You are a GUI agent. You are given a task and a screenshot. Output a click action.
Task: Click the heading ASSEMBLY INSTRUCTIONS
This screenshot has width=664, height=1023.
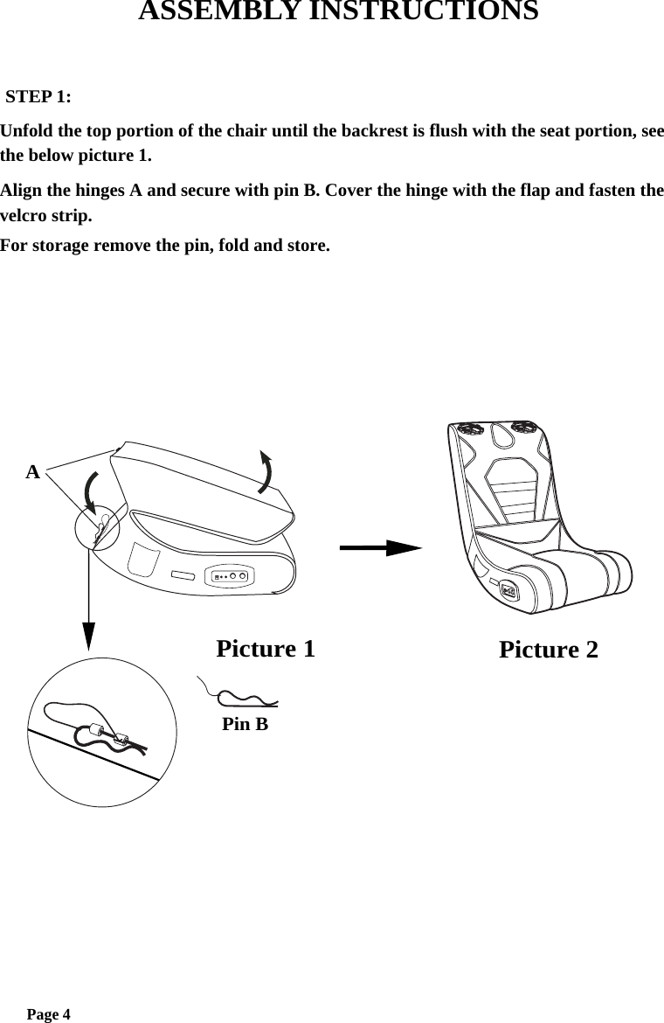[x=338, y=12]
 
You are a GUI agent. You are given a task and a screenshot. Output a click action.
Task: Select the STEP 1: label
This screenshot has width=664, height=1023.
[x=39, y=95]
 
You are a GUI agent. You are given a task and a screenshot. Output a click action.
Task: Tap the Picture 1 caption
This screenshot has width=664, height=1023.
[x=265, y=649]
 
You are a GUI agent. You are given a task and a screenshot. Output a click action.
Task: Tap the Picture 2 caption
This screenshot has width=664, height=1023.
[x=549, y=650]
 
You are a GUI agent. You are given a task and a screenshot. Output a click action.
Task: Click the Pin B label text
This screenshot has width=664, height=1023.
[x=245, y=725]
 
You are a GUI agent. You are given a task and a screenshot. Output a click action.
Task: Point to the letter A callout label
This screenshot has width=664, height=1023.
[x=32, y=473]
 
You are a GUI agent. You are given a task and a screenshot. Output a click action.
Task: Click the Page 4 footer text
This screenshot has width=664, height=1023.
[x=48, y=1014]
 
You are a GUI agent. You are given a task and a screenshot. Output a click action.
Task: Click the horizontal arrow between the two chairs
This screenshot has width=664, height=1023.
[x=380, y=548]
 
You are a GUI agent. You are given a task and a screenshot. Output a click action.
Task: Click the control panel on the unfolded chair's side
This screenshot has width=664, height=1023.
[x=508, y=591]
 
